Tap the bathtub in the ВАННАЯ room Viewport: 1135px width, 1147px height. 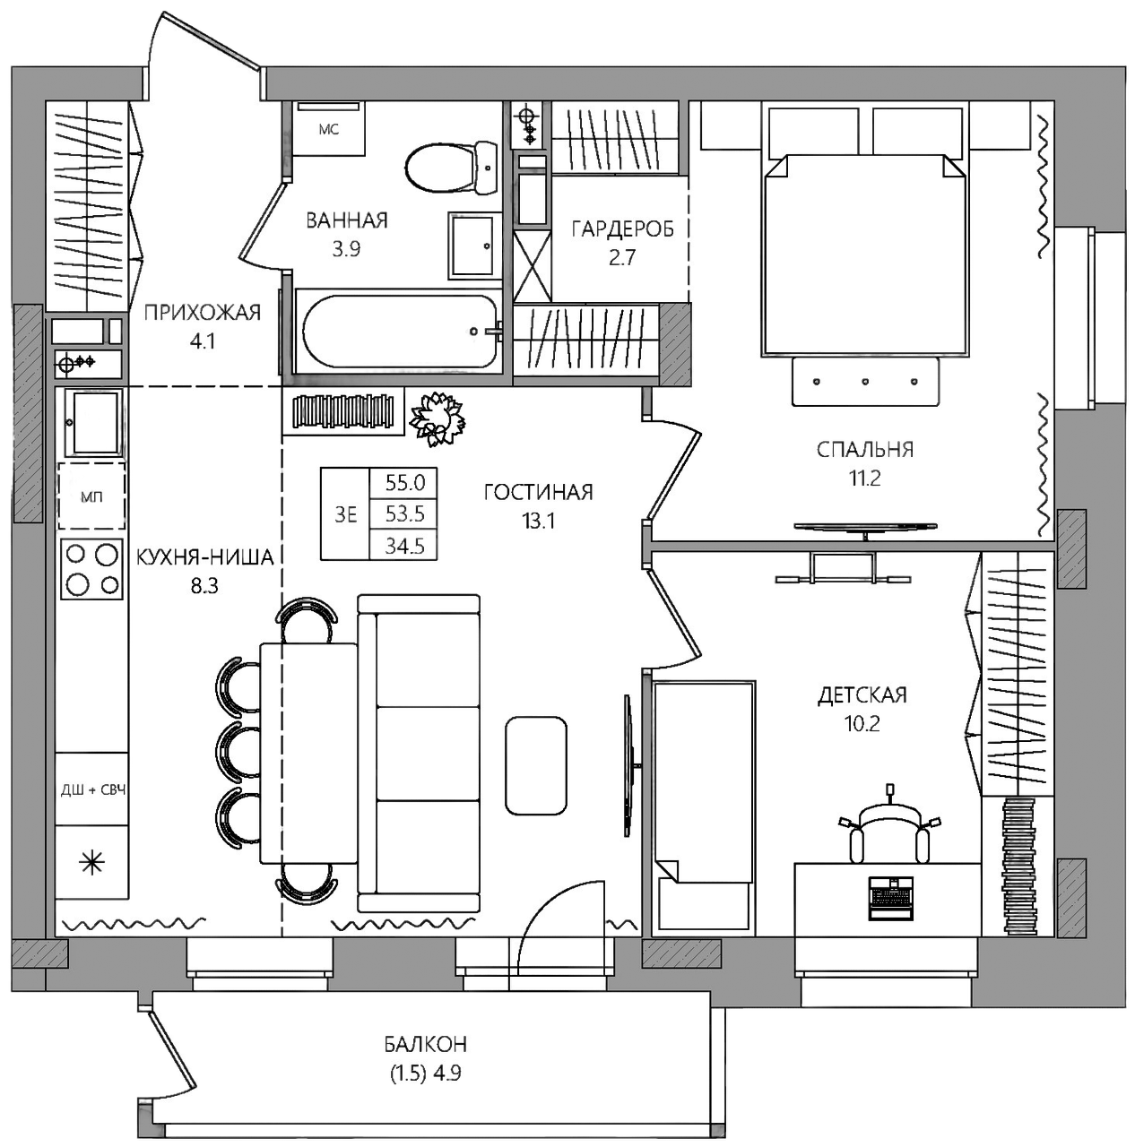(399, 332)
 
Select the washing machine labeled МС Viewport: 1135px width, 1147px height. (328, 128)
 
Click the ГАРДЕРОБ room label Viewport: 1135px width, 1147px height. (622, 229)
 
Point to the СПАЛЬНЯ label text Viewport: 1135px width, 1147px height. (865, 450)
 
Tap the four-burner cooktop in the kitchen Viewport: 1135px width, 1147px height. (91, 569)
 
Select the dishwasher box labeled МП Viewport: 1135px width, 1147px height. (91, 496)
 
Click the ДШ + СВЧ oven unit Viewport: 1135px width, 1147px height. (91, 789)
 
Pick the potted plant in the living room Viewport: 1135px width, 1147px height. (438, 418)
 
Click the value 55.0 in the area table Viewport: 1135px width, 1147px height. (404, 483)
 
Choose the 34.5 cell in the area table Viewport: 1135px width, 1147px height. (404, 545)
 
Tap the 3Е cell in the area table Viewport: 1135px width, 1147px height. (345, 514)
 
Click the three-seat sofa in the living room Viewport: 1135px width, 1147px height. (419, 753)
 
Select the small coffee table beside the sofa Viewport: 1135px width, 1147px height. (536, 765)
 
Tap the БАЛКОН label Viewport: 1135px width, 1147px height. (426, 1044)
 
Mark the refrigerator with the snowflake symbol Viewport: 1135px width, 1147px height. (91, 862)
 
